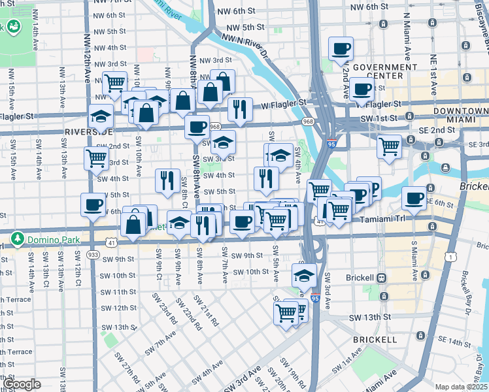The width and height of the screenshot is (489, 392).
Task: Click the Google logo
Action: tap(22, 384)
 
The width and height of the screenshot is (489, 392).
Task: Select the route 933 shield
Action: tap(93, 253)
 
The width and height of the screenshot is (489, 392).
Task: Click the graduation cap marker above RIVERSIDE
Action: tap(100, 116)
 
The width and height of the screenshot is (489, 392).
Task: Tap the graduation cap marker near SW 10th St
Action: tap(304, 274)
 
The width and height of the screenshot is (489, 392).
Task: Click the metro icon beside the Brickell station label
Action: tap(381, 277)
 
